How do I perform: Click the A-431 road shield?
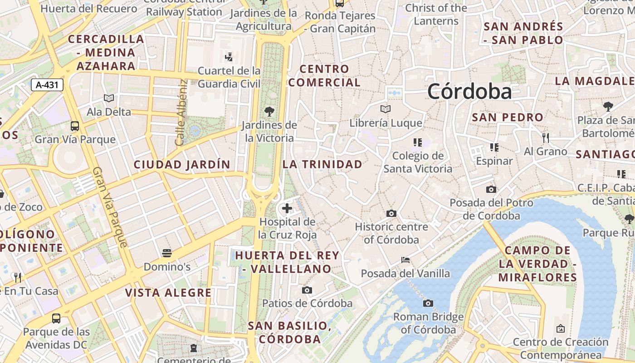click(47, 84)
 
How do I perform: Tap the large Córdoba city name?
click(469, 91)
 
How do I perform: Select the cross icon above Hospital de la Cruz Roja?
click(287, 209)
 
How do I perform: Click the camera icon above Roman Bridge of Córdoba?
click(428, 303)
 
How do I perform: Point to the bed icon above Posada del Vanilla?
click(405, 260)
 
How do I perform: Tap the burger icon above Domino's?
click(167, 253)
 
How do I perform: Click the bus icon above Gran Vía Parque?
click(75, 126)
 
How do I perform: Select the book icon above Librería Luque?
click(386, 109)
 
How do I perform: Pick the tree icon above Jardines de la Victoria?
click(269, 111)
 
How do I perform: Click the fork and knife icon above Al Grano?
click(546, 137)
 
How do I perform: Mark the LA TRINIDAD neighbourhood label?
click(322, 164)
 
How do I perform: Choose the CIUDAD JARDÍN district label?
click(182, 164)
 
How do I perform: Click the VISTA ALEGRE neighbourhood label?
click(168, 293)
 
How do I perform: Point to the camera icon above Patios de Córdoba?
click(307, 290)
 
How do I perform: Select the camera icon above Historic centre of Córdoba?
click(391, 213)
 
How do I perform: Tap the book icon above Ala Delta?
click(109, 98)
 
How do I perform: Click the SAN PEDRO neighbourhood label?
click(508, 117)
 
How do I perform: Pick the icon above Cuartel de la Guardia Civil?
click(229, 57)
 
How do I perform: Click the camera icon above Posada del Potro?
click(491, 189)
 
